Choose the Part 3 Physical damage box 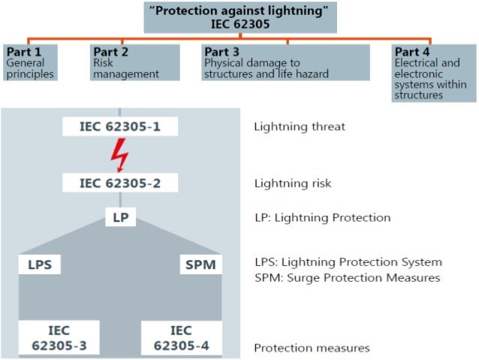point(286,63)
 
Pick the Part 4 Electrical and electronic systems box point(432,73)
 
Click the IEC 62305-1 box point(120,126)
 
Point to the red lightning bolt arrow point(120,156)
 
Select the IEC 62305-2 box point(120,183)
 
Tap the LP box point(120,217)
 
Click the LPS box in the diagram point(41,265)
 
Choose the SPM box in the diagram point(199,265)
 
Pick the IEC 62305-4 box point(180,337)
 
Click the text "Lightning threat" point(299,127)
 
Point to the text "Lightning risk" point(292,183)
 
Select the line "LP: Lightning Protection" point(321,218)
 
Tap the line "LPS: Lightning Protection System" point(347,262)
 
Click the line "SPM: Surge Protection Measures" point(346,277)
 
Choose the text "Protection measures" point(311,348)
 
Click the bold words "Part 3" point(224,52)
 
